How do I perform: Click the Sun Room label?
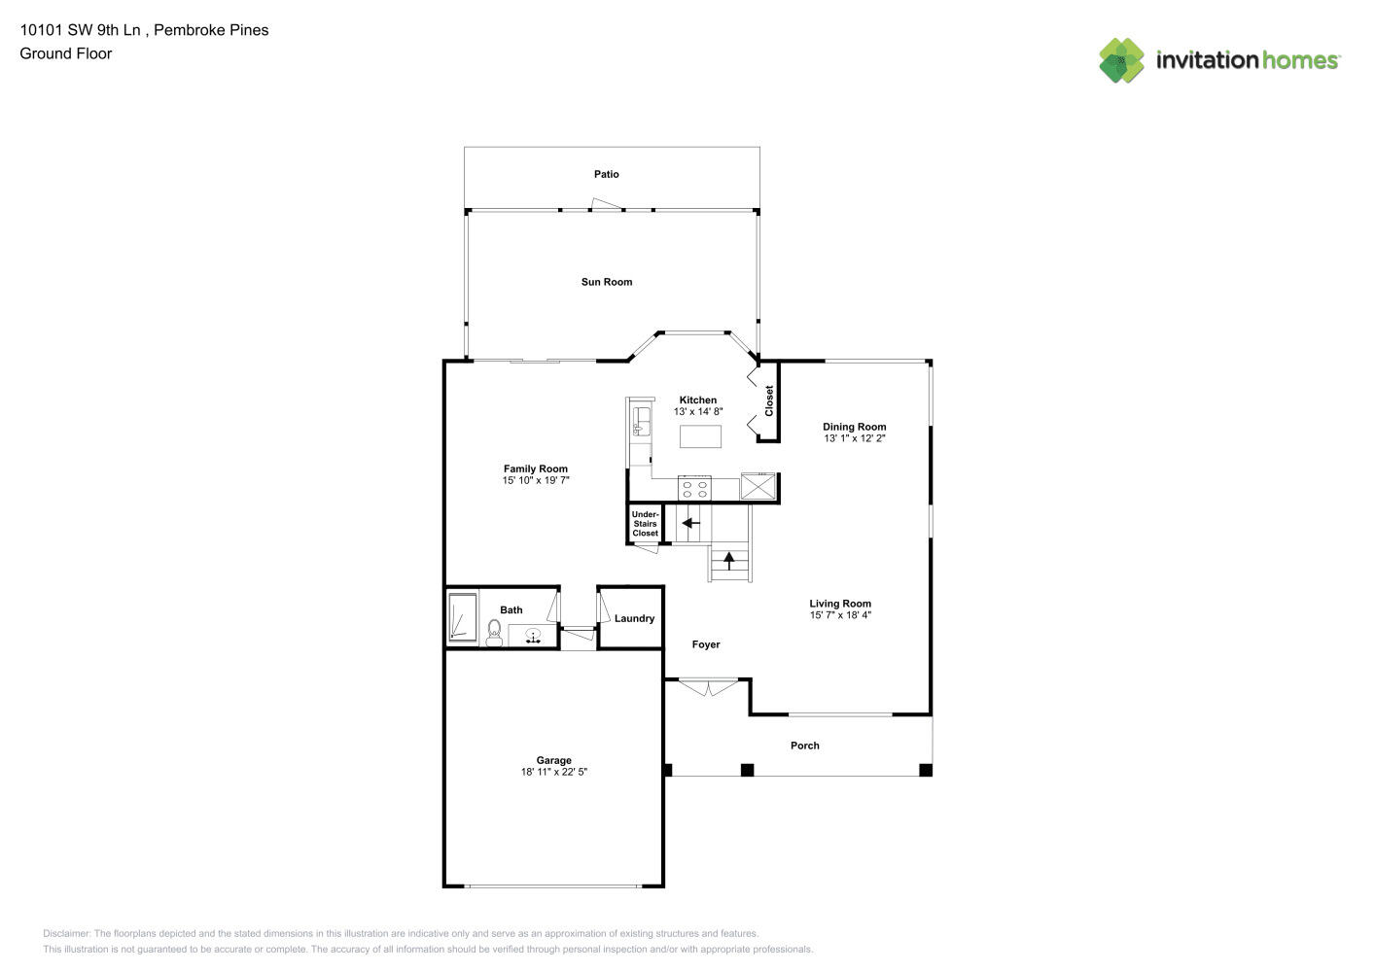coord(606,282)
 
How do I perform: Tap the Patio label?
coord(606,174)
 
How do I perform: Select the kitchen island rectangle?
coord(700,436)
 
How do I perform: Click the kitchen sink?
coord(642,421)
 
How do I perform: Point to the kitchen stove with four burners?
coord(694,487)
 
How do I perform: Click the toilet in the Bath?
coord(494,634)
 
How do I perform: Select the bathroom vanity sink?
coord(533,636)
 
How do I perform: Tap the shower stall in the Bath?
coord(463,617)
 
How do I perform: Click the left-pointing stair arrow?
coord(690,523)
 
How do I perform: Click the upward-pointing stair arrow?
coord(728,560)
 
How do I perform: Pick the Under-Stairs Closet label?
coord(645,523)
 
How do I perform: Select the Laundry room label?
coord(634,618)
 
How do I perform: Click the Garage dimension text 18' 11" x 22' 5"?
coord(553,772)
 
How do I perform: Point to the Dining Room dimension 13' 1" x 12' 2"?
coord(854,438)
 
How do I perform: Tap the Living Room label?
coord(840,604)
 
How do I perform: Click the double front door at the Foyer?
coord(707,688)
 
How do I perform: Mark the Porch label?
coord(804,746)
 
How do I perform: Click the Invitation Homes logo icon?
coord(1121,60)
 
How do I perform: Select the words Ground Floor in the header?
coord(66,53)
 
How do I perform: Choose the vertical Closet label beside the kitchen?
coord(768,400)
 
